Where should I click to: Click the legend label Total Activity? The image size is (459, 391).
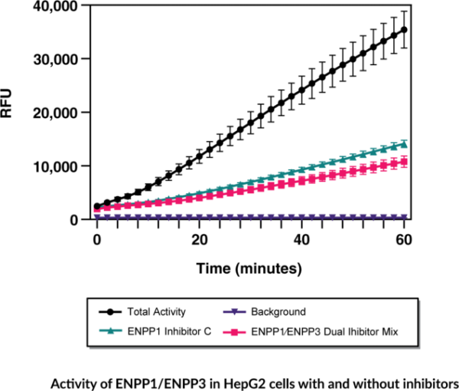[156, 312]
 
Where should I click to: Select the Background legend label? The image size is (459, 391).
[278, 312]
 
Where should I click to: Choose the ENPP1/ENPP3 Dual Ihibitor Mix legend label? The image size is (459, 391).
[324, 332]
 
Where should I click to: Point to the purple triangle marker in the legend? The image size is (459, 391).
[235, 312]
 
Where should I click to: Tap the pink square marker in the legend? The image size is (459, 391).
[235, 332]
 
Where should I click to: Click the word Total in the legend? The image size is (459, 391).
[139, 312]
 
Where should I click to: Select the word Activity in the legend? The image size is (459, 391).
[169, 312]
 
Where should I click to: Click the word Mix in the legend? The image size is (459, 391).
[389, 332]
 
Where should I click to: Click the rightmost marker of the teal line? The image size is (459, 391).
[404, 143]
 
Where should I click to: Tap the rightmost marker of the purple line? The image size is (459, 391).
[404, 216]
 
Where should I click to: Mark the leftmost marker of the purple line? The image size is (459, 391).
[97, 216]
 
